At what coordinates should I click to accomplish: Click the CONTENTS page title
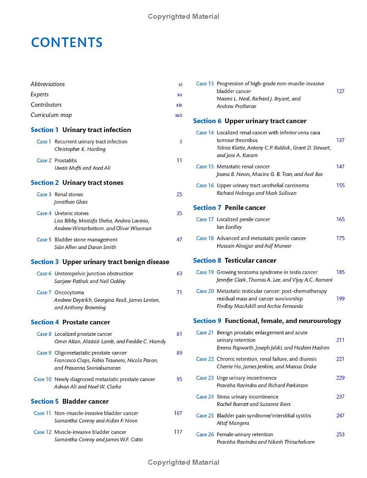pos(67,43)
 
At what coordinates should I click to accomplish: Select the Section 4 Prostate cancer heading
pos(70,322)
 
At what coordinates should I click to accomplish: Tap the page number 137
pos(340,140)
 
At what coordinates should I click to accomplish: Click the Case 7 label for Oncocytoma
pos(44,292)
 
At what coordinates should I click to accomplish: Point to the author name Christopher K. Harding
pos(80,149)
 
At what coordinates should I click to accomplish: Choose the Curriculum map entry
pos(51,115)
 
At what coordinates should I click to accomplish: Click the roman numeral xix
pos(179,105)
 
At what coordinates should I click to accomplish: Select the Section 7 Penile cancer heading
pos(229,207)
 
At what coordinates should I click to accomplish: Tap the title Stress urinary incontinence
pos(247,396)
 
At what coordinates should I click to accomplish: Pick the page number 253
pos(340,434)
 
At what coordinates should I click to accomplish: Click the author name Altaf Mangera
pos(233,423)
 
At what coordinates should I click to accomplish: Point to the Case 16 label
pos(205,185)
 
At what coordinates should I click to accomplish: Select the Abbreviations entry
pos(48,84)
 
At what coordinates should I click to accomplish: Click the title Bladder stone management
pos(86,239)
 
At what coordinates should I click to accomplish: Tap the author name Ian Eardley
pos(229,227)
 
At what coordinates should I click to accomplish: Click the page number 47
pos(179,239)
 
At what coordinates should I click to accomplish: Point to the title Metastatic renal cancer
pos(243,167)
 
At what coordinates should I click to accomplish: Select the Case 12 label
pos(43,432)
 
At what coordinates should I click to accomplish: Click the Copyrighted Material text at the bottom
pos(183,462)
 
